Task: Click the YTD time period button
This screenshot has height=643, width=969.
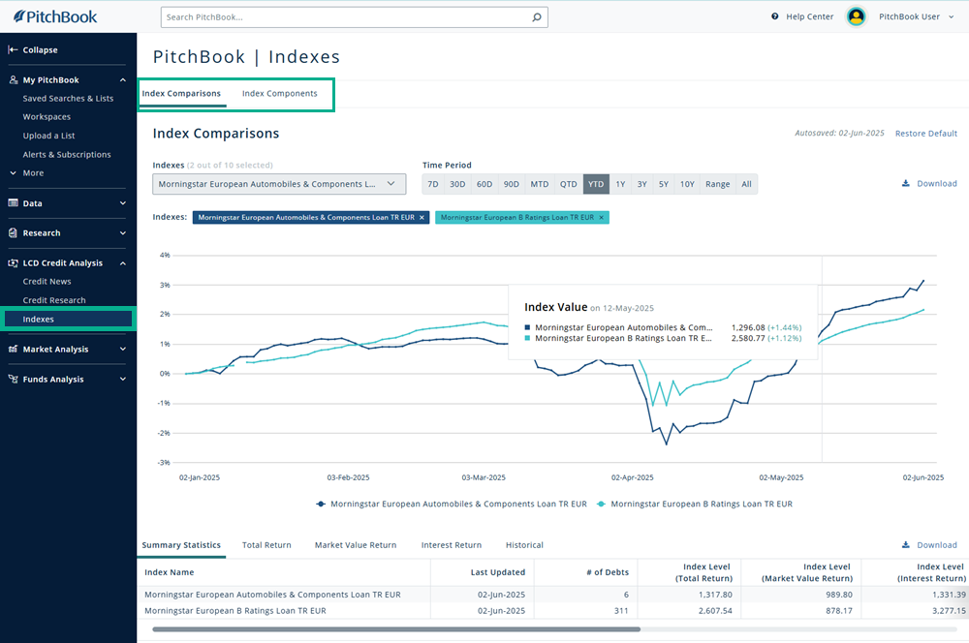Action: pos(596,184)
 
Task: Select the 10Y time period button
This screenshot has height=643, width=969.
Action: pos(687,184)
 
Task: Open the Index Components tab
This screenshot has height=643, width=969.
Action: pos(279,94)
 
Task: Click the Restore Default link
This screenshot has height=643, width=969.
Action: pos(925,134)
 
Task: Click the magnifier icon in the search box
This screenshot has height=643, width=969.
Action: pos(537,17)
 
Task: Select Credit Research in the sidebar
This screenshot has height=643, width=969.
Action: pos(54,300)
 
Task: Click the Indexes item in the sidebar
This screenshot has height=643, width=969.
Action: pos(39,319)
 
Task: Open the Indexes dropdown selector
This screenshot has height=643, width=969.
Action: pos(279,184)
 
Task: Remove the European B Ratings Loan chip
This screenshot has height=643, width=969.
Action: pos(602,218)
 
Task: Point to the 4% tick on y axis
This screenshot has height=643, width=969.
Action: pos(165,256)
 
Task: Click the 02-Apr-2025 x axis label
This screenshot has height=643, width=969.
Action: pos(633,477)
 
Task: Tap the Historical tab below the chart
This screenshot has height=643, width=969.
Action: pos(524,545)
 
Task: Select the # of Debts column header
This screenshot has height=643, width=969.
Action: pos(608,572)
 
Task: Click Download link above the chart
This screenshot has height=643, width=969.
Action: pos(929,184)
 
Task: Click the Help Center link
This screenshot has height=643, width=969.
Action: pos(809,16)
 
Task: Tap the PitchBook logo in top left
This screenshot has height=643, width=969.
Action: pos(55,16)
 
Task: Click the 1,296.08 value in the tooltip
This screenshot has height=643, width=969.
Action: pos(748,327)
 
